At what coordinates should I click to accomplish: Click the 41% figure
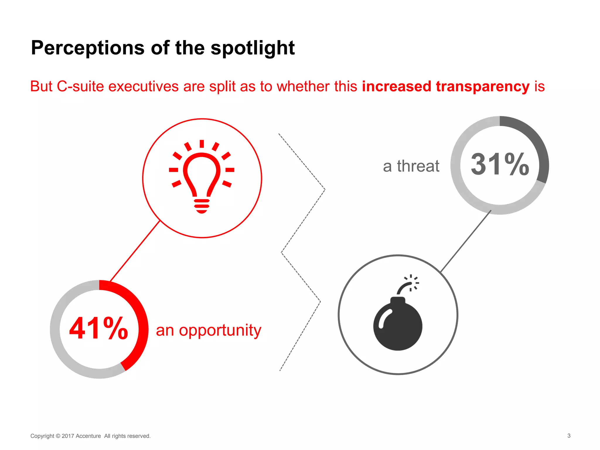pos(98,328)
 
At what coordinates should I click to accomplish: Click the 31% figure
pos(500,165)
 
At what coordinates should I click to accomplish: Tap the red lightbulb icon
pos(202,177)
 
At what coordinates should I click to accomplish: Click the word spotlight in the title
pos(253,48)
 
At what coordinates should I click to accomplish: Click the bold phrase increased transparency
pos(446,86)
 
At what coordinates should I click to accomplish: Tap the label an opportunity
pos(208,330)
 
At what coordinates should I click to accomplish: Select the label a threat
pos(411,166)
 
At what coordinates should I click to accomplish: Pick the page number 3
pos(569,436)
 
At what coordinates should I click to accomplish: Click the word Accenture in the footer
pos(88,436)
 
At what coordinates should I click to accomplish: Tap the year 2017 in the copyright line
pos(68,436)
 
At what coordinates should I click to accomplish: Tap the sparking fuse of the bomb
pos(409,284)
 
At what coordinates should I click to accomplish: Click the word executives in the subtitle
pos(144,86)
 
